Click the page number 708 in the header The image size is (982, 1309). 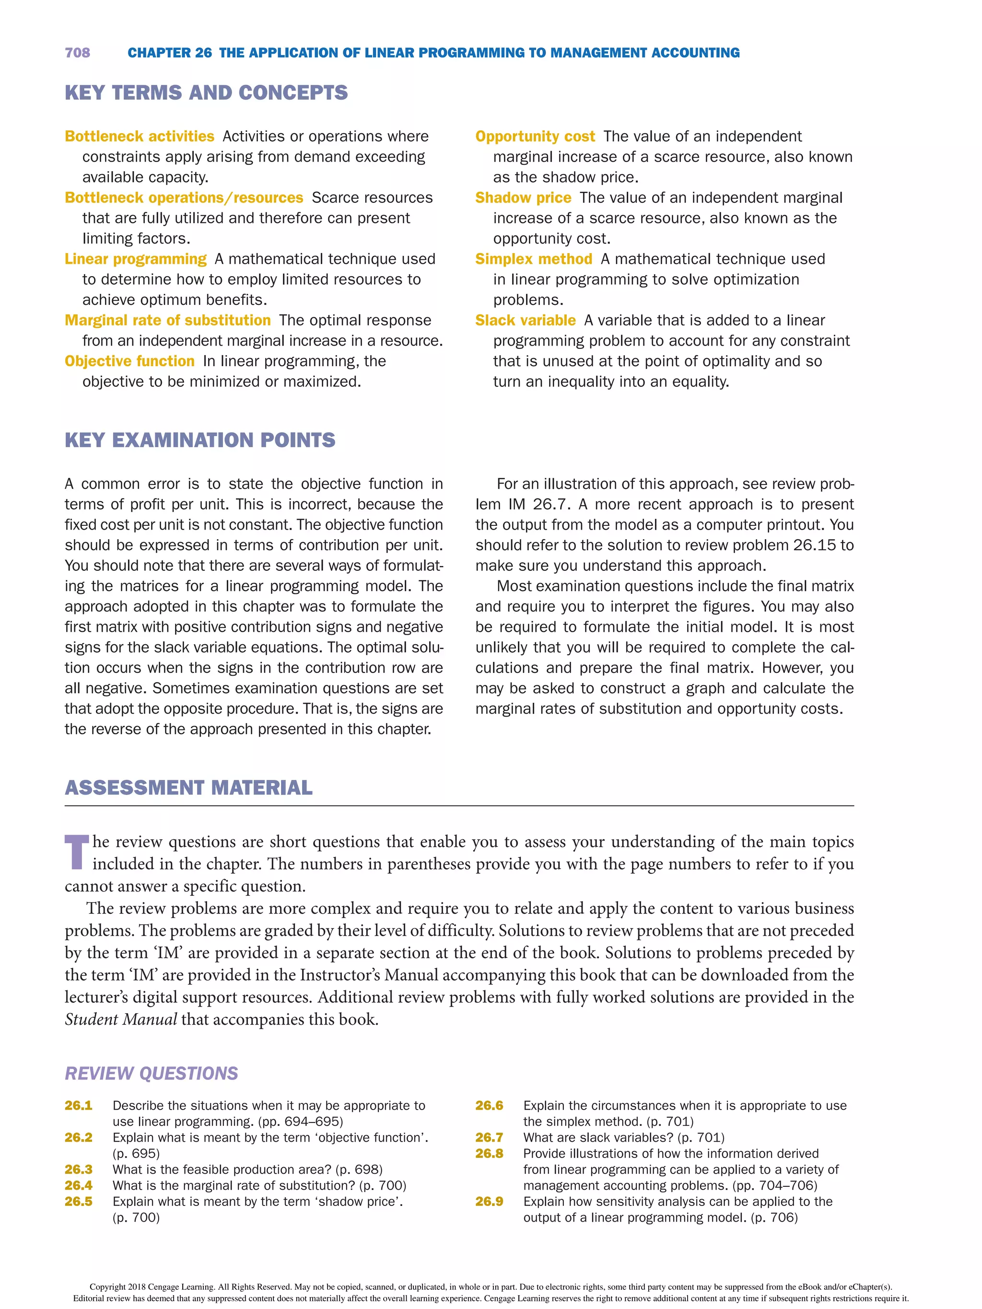click(78, 53)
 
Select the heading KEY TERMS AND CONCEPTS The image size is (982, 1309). click(206, 93)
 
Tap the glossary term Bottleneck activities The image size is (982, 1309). click(139, 136)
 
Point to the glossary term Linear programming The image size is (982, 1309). click(136, 259)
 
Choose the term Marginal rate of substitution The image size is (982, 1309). click(167, 320)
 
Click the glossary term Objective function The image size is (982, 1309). click(129, 361)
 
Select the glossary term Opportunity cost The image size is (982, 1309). click(535, 136)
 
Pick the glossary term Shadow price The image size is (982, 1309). click(523, 197)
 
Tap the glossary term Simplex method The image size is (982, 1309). click(533, 259)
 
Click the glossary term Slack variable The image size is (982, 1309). click(525, 320)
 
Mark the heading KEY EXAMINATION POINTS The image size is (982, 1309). click(200, 440)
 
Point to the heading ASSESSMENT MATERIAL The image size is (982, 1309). click(188, 788)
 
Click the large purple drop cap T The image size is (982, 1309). click(76, 852)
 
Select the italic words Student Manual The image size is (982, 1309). click(121, 1019)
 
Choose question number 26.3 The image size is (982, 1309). click(79, 1170)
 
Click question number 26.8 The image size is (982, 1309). click(489, 1153)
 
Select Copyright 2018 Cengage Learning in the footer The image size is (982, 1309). click(152, 1286)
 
